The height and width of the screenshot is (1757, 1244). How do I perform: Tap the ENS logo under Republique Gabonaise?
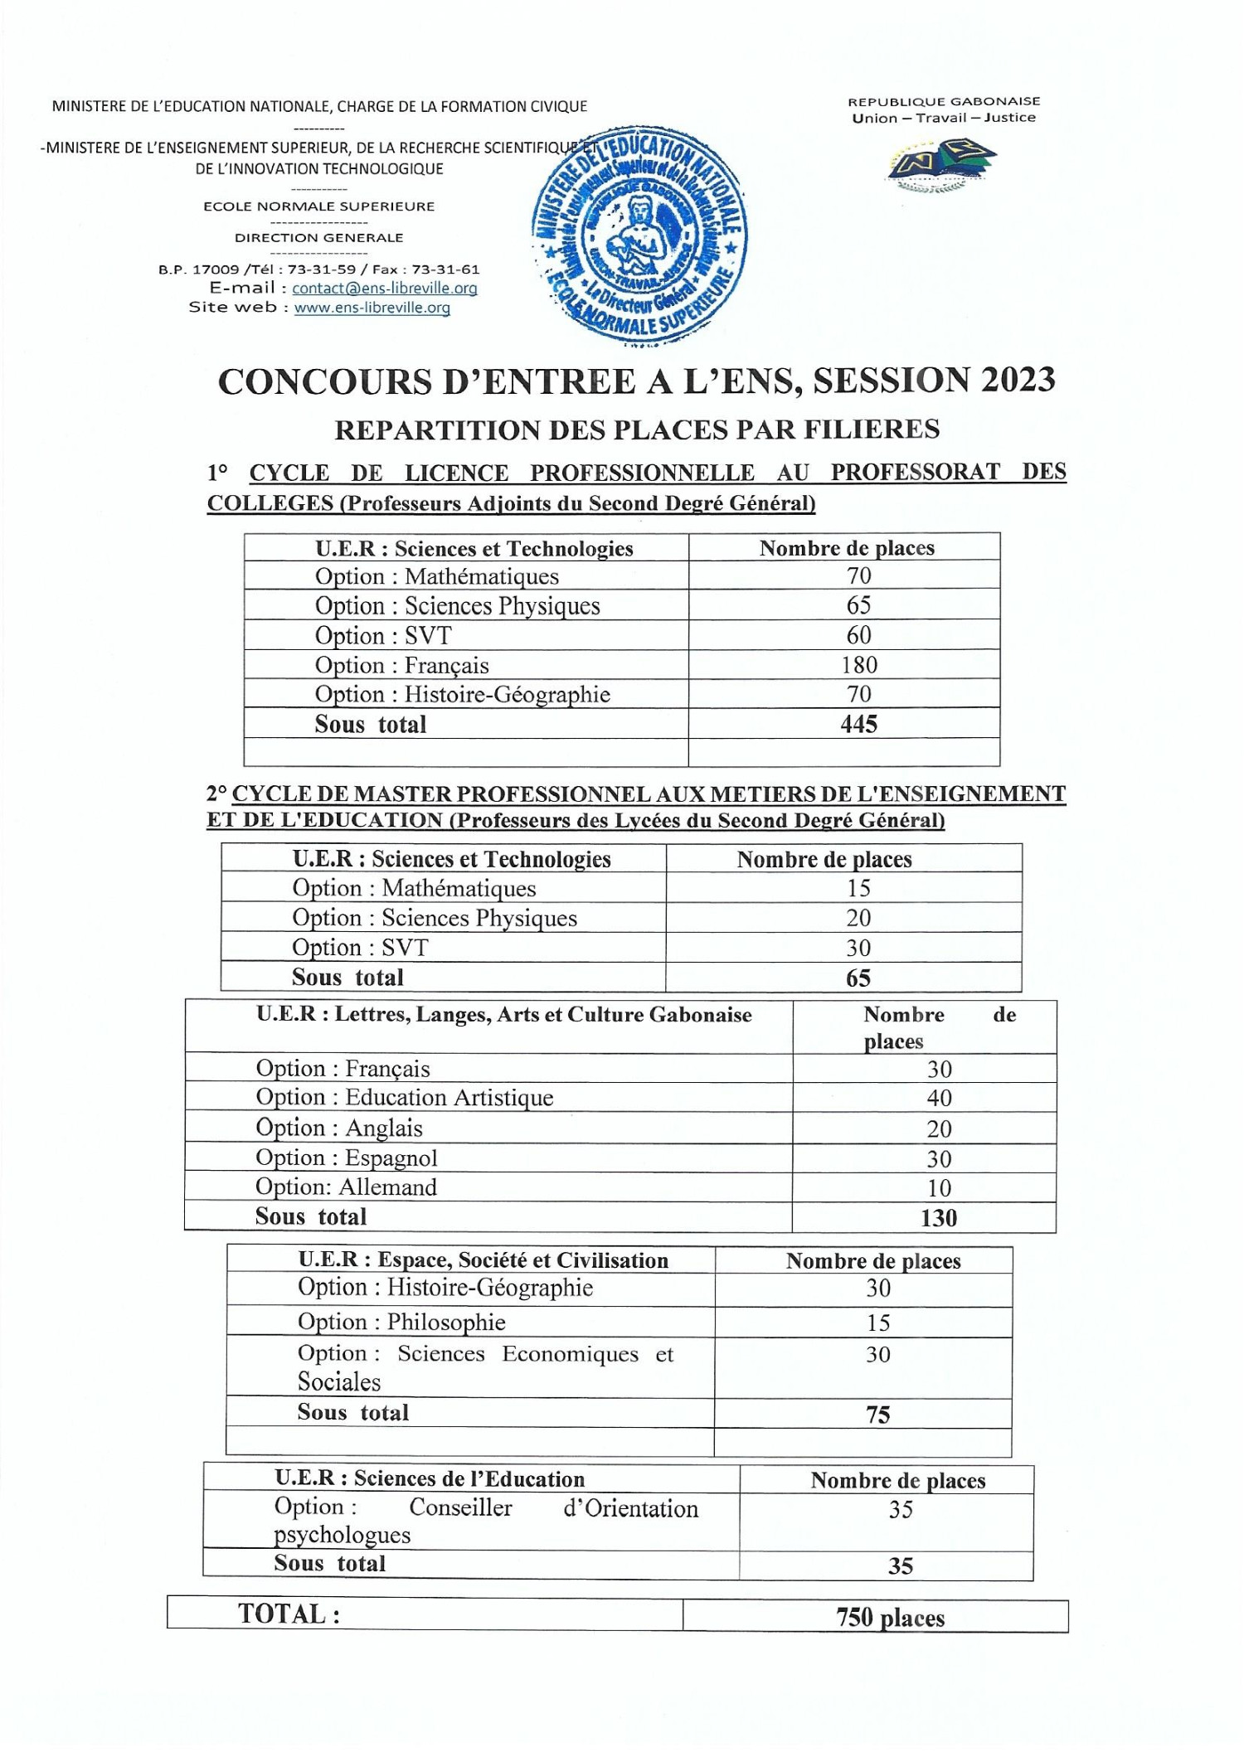(940, 164)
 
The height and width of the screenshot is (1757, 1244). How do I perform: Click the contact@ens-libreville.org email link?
(384, 289)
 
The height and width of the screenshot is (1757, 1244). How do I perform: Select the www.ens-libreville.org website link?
(372, 308)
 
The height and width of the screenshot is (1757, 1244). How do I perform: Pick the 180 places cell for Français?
(858, 665)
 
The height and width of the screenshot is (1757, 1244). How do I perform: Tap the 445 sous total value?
(858, 725)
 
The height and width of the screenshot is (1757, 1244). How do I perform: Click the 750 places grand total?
(890, 1618)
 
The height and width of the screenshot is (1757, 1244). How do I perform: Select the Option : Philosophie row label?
(401, 1323)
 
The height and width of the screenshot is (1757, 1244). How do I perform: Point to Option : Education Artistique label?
(404, 1098)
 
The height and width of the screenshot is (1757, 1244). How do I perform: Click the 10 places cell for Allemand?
(939, 1188)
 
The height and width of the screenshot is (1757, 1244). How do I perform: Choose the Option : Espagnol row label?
(346, 1158)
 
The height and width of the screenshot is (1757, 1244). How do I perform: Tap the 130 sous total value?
(938, 1218)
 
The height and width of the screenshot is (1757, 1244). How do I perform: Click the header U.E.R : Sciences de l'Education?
(430, 1479)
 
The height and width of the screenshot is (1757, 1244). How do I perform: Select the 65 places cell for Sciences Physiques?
(858, 605)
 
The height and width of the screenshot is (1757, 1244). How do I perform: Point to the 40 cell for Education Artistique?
(939, 1099)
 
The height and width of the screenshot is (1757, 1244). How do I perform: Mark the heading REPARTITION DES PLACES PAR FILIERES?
(637, 430)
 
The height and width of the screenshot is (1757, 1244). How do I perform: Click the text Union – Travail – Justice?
(944, 118)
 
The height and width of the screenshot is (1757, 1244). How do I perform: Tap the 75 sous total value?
(877, 1415)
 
